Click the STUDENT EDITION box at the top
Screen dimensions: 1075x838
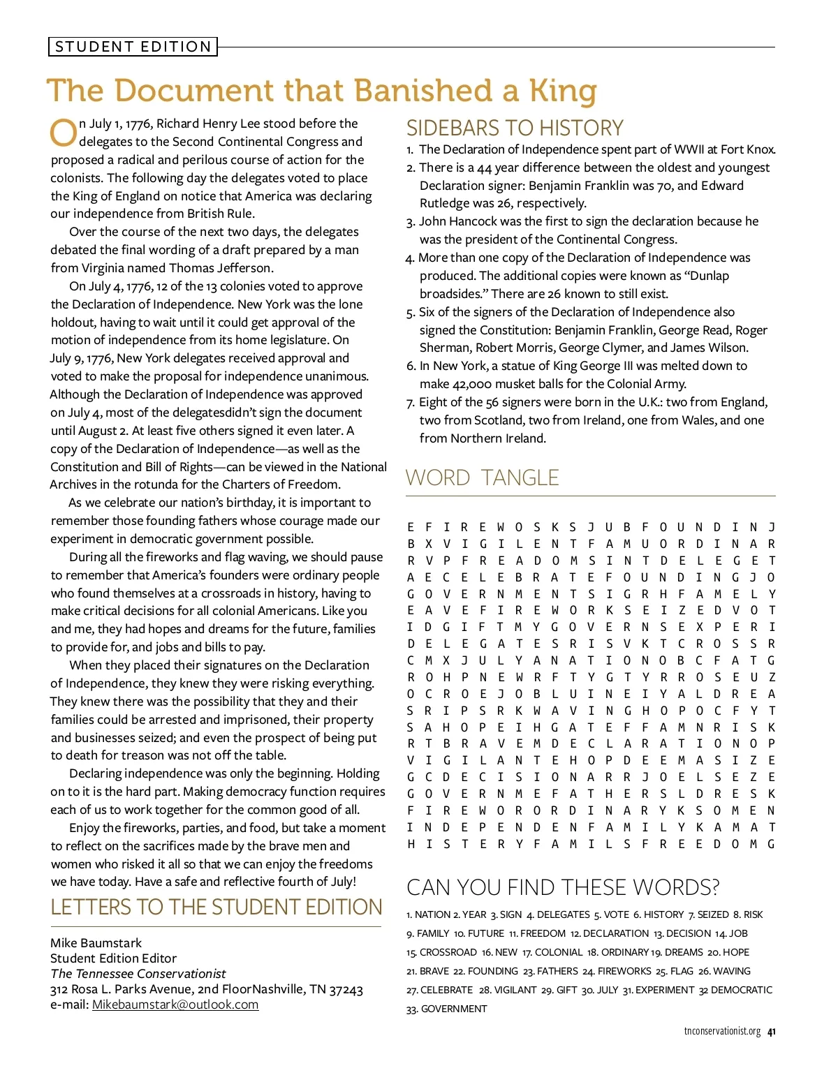[133, 47]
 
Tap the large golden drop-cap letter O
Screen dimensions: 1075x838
[63, 133]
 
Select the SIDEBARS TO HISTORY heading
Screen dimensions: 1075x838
[515, 128]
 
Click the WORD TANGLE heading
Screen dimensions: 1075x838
[482, 478]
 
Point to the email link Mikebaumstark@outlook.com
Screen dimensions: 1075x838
[175, 1004]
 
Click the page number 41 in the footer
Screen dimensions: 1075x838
[771, 1031]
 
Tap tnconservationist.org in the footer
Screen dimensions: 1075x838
[722, 1031]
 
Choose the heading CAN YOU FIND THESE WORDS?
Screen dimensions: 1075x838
[562, 887]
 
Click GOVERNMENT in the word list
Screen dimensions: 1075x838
[454, 1009]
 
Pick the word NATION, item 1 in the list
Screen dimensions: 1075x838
[432, 914]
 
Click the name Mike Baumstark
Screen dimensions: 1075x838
[96, 943]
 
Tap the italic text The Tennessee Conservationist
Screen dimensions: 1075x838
[138, 974]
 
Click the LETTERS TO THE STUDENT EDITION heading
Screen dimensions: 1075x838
[216, 907]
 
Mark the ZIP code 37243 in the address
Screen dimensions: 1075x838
[346, 989]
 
